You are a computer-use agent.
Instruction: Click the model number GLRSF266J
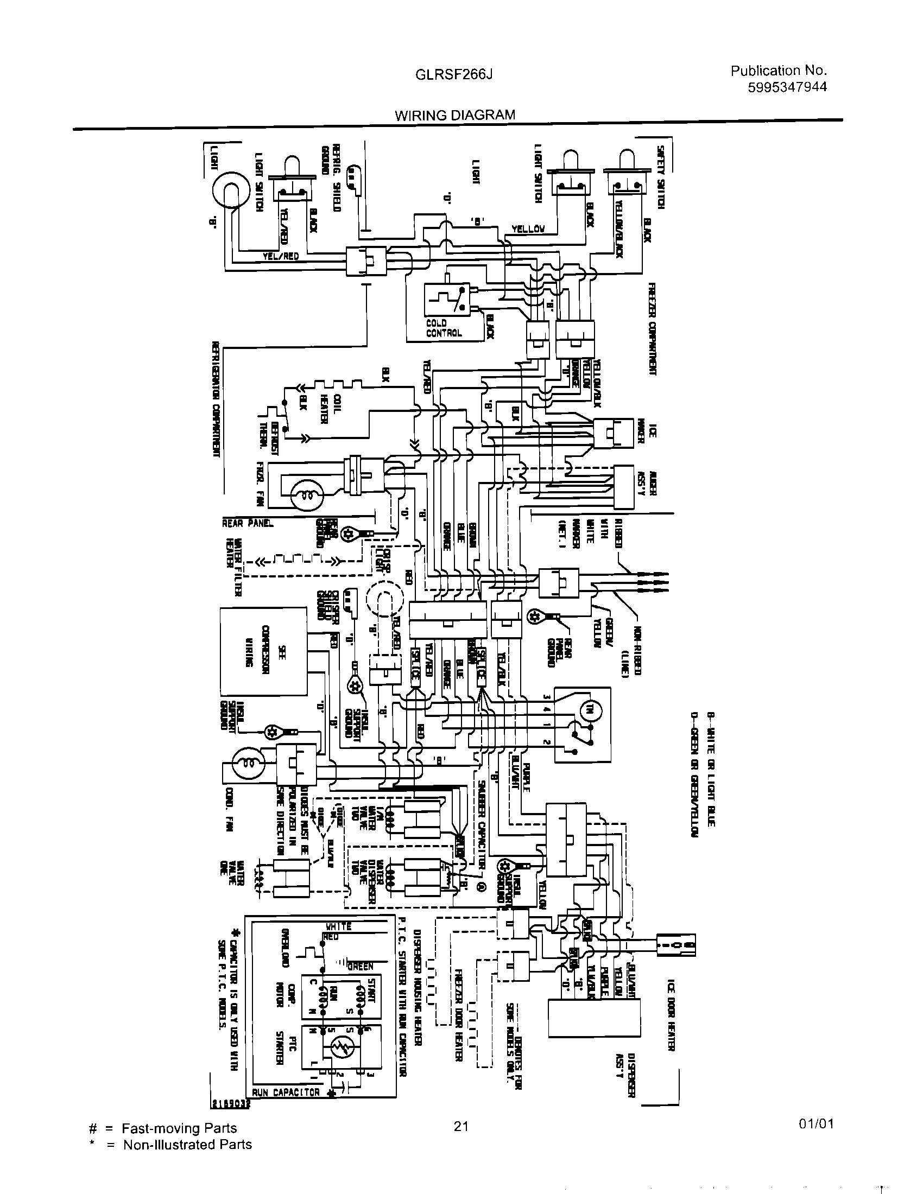[454, 75]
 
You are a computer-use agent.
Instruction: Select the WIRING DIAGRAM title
[455, 115]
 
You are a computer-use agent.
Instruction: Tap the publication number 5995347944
[787, 87]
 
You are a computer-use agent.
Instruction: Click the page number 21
[461, 1126]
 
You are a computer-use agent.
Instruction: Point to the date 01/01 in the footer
[816, 1124]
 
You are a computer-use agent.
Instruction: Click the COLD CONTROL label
[444, 328]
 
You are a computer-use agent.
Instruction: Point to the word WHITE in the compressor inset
[338, 926]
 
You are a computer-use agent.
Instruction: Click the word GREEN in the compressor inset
[361, 966]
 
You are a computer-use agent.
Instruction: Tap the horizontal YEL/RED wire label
[281, 256]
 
